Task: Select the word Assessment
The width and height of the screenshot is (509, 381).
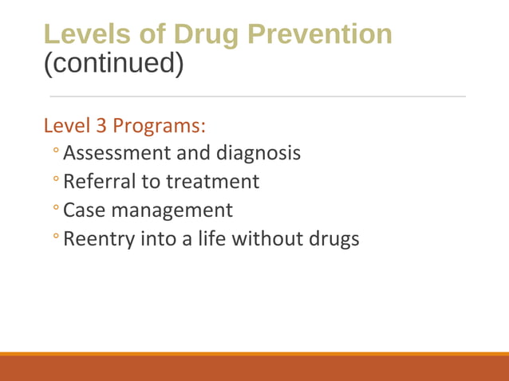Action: [124, 152]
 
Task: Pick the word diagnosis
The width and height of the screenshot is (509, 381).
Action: [262, 152]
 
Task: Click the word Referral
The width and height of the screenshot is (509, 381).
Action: [100, 182]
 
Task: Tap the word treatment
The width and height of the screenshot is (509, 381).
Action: [212, 182]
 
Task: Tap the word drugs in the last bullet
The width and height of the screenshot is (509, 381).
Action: [334, 238]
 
